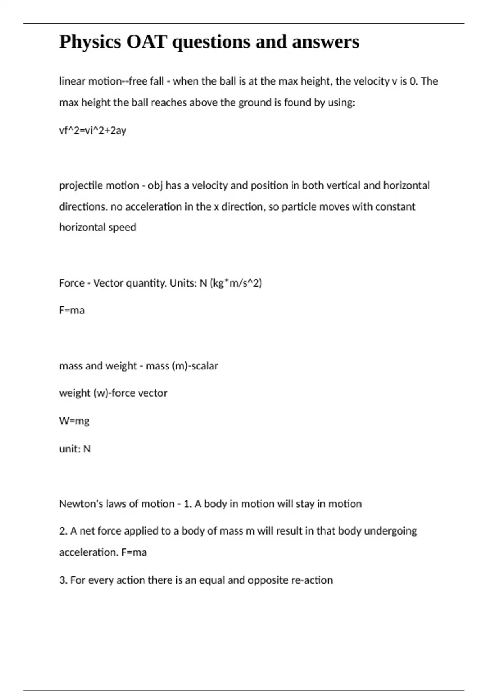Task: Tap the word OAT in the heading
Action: coord(146,42)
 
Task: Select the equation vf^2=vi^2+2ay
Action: coord(93,130)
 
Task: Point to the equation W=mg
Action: coord(74,421)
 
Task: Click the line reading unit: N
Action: coord(75,449)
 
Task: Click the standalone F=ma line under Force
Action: coord(72,310)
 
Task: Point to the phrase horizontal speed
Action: coord(98,227)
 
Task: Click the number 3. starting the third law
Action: coord(63,580)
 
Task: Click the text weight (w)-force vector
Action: coord(113,393)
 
